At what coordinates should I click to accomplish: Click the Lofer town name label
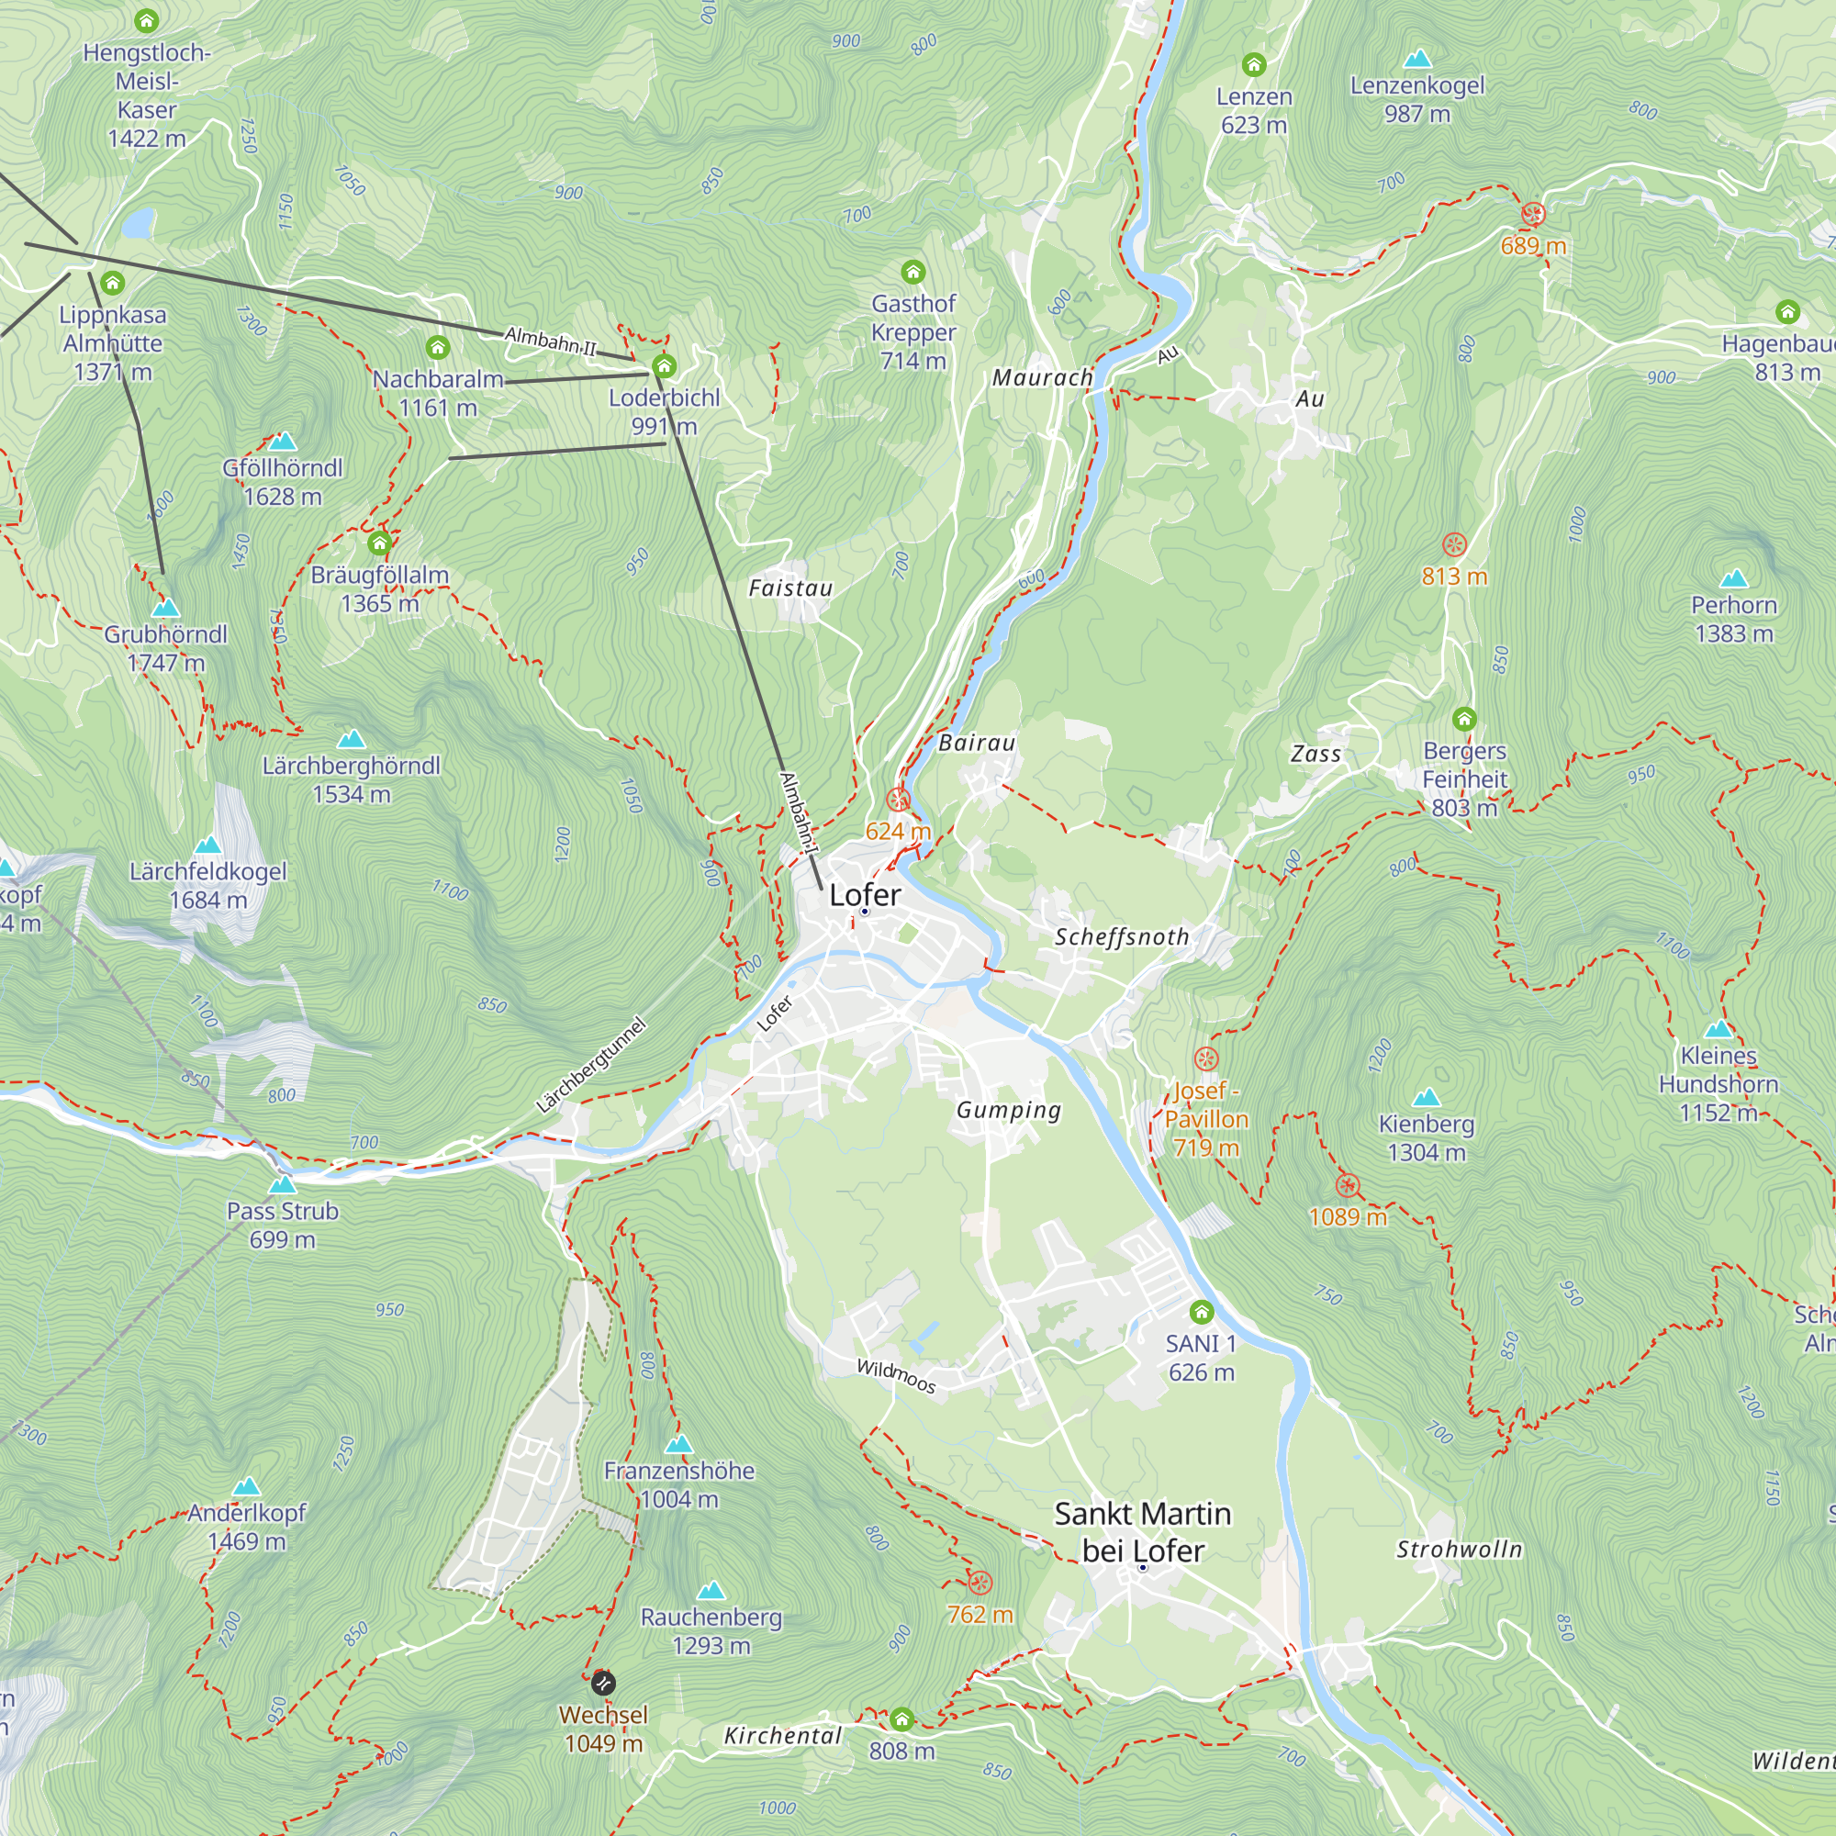[x=865, y=894]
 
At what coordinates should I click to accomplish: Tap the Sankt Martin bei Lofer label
[x=1142, y=1531]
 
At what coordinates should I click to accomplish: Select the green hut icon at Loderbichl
[x=665, y=366]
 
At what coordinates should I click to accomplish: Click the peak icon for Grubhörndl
[x=166, y=607]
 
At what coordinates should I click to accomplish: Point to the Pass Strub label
[x=282, y=1225]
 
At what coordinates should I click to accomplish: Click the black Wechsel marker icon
[x=602, y=1684]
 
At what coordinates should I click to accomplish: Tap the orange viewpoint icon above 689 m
[x=1533, y=214]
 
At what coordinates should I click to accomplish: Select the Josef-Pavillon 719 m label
[x=1206, y=1118]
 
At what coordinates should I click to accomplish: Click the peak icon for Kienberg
[x=1426, y=1099]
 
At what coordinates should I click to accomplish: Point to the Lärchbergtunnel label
[x=591, y=1065]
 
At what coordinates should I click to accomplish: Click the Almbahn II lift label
[x=550, y=341]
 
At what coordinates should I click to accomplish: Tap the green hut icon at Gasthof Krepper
[x=913, y=273]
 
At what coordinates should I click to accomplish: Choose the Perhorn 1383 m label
[x=1733, y=619]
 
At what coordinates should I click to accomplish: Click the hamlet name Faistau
[x=790, y=588]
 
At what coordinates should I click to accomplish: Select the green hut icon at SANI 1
[x=1201, y=1313]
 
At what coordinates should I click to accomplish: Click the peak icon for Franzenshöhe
[x=678, y=1444]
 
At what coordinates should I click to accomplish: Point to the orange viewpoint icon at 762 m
[x=980, y=1583]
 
